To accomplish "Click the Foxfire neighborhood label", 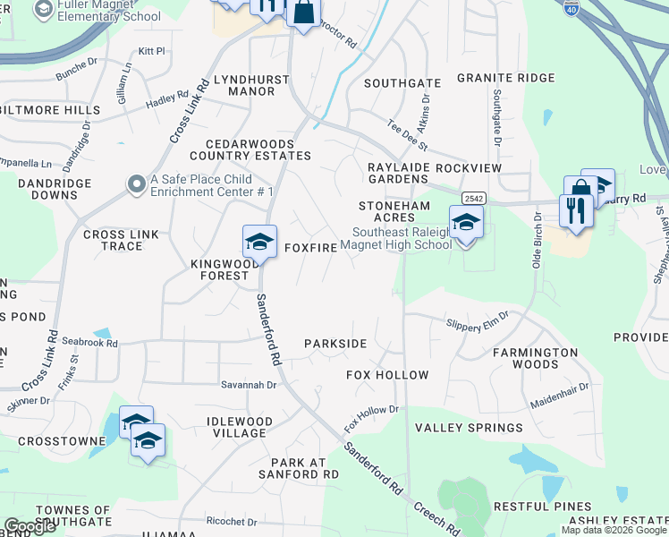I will click(x=310, y=247).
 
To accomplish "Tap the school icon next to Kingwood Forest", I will click(x=259, y=243).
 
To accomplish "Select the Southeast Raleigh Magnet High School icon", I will click(x=465, y=224).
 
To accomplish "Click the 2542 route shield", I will click(x=473, y=198).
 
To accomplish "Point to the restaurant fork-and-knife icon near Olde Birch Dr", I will click(x=575, y=211).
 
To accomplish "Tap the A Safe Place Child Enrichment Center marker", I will click(x=136, y=184).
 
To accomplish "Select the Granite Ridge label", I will click(x=505, y=78).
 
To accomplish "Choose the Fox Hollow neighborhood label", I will click(x=387, y=375).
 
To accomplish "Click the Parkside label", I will click(x=335, y=344).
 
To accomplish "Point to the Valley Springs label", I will click(x=469, y=428).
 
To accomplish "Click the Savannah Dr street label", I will click(x=250, y=385).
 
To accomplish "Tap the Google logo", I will click(x=30, y=526).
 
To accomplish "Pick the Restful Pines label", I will click(x=542, y=507).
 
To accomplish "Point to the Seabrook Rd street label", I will click(x=90, y=343).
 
